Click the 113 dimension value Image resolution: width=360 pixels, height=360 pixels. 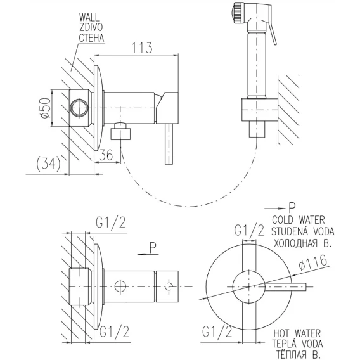pyautogui.click(x=142, y=48)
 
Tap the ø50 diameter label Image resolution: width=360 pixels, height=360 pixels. pyautogui.click(x=45, y=108)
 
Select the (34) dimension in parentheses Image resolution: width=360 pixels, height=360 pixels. pyautogui.click(x=48, y=164)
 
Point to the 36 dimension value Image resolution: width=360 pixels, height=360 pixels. pyautogui.click(x=106, y=155)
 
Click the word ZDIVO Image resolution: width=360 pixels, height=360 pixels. pyautogui.click(x=91, y=28)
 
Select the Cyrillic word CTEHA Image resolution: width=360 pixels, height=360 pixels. pyautogui.click(x=91, y=38)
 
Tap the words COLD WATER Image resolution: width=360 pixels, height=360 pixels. pyautogui.click(x=299, y=220)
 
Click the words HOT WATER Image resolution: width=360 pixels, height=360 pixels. pyautogui.click(x=297, y=333)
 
